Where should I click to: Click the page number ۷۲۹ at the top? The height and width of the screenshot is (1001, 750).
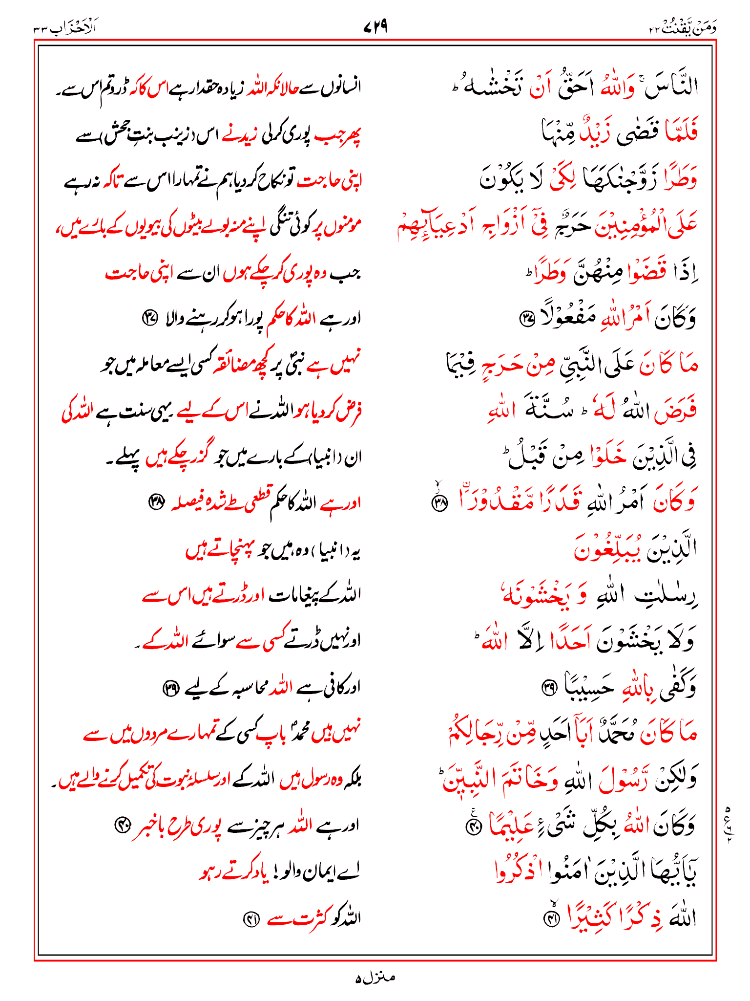pyautogui.click(x=375, y=26)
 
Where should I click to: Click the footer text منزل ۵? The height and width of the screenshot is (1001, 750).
pyautogui.click(x=375, y=977)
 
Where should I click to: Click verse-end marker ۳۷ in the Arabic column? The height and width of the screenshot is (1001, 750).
pyautogui.click(x=527, y=320)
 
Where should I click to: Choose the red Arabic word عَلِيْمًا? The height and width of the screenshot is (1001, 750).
pyautogui.click(x=512, y=825)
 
